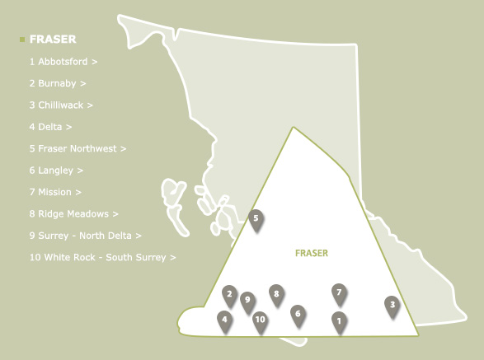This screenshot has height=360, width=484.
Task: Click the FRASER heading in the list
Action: tap(52, 39)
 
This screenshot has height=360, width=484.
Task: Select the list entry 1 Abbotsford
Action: tap(63, 62)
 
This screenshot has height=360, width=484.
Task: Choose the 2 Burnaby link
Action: tap(57, 83)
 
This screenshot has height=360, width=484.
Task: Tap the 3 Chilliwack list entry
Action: tap(60, 105)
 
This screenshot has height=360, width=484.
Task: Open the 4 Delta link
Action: tap(49, 127)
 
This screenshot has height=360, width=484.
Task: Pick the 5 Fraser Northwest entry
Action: tap(77, 149)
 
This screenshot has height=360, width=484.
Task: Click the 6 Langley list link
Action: tap(56, 171)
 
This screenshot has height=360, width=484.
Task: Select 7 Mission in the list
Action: tap(54, 192)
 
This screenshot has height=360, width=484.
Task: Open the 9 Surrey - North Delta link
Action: tap(85, 236)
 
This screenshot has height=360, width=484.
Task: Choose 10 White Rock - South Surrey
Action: tap(102, 257)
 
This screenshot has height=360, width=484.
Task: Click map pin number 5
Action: tap(256, 219)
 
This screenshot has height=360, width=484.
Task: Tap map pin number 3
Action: tap(392, 305)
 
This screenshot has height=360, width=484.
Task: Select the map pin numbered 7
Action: tap(339, 292)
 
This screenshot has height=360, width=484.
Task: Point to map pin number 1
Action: tap(339, 320)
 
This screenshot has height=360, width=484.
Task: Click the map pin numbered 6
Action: tap(298, 314)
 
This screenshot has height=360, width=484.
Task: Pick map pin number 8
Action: tap(276, 294)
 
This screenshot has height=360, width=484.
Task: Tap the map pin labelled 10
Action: tap(260, 320)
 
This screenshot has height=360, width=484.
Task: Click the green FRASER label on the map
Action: tap(311, 254)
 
